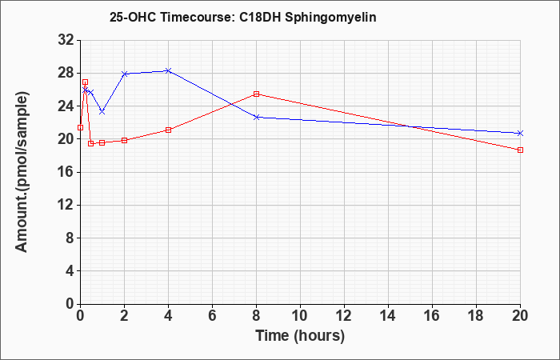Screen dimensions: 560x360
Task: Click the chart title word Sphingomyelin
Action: click(x=330, y=18)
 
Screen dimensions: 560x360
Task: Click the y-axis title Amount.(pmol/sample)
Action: click(x=22, y=172)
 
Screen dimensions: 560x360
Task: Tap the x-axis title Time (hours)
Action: click(x=300, y=336)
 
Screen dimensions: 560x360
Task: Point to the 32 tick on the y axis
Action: click(x=66, y=40)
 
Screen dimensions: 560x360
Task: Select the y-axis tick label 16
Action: click(x=66, y=172)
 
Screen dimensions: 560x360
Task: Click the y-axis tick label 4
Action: click(x=70, y=270)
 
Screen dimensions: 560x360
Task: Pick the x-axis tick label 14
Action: click(x=388, y=316)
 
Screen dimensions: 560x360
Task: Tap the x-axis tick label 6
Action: click(x=213, y=316)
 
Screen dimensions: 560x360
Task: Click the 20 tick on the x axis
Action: click(x=520, y=316)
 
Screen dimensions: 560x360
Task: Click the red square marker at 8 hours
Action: click(x=257, y=94)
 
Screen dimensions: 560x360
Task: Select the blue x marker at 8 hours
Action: click(x=257, y=117)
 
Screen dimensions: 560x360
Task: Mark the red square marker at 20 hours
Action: click(x=520, y=150)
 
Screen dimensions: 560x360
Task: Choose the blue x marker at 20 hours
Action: click(x=520, y=134)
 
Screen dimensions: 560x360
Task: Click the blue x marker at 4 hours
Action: click(x=169, y=70)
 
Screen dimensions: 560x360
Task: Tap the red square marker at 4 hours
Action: click(x=169, y=130)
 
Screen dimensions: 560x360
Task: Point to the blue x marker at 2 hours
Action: click(x=125, y=74)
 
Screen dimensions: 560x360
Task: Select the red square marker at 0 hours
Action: click(x=80, y=127)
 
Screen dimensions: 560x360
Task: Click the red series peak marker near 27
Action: click(x=85, y=82)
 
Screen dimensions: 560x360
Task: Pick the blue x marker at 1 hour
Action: click(x=102, y=112)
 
